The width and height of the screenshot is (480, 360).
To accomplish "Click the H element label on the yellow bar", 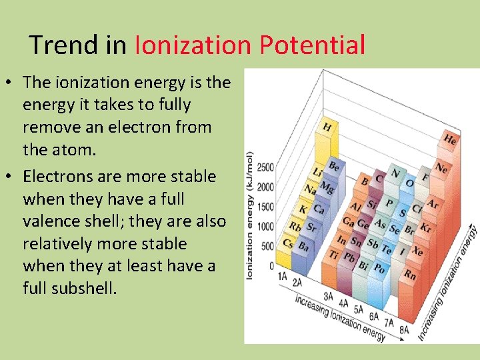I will (x=327, y=126).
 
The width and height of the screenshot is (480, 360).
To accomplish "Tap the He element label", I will (x=451, y=139).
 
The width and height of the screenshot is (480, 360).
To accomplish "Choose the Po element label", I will (x=379, y=268).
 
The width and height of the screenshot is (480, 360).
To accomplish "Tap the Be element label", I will (x=334, y=166).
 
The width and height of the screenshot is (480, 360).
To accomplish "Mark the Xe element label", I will (x=417, y=251).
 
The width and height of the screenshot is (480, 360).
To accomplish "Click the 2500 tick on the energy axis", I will (x=265, y=167).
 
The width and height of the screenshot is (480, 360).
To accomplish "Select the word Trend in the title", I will (x=64, y=45).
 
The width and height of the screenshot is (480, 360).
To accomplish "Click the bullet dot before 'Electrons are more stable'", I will (x=11, y=177).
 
